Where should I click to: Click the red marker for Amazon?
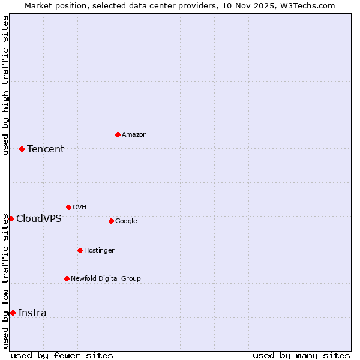(x=118, y=134)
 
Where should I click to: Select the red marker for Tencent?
(x=22, y=149)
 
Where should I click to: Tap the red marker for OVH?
(x=68, y=207)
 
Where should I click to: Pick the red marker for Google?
(x=111, y=221)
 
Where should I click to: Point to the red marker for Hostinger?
(x=80, y=250)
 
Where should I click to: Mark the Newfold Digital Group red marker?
(x=67, y=278)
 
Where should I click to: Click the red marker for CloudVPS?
(x=11, y=218)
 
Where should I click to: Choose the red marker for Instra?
(x=13, y=313)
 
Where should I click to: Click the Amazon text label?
(x=134, y=134)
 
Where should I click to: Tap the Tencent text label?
(x=46, y=149)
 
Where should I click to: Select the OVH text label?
(x=80, y=207)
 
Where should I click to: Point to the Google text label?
(x=126, y=221)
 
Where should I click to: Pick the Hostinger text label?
(x=99, y=250)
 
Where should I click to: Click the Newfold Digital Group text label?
(x=106, y=278)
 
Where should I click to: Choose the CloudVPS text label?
(x=39, y=218)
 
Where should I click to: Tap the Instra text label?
(x=32, y=313)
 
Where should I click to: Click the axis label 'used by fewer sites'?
(x=62, y=355)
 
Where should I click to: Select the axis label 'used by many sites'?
(x=301, y=355)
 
